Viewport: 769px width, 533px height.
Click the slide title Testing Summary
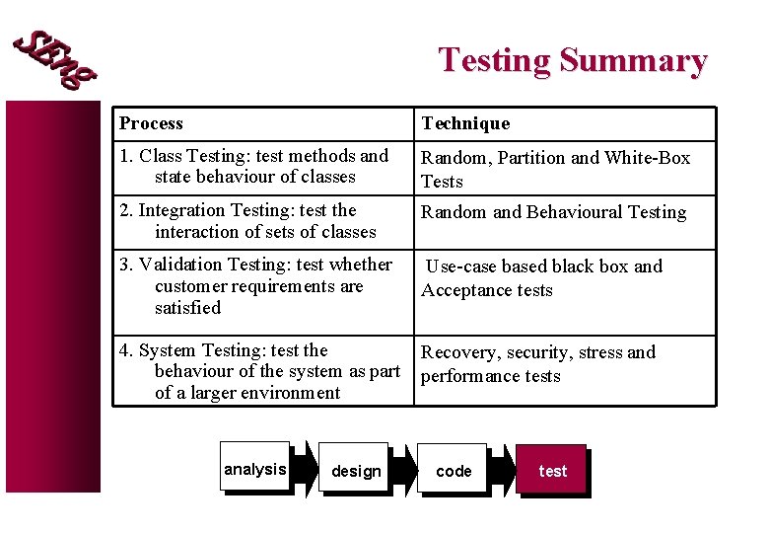coord(573,61)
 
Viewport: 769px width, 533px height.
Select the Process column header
coord(152,123)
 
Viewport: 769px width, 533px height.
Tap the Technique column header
coord(465,123)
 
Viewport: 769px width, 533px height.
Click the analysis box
coord(255,469)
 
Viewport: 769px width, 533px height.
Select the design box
coord(356,471)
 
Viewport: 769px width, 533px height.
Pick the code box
coord(454,471)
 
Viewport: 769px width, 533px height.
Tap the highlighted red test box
coord(553,471)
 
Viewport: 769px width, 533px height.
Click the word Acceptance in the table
coord(462,290)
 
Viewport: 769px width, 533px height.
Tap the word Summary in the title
coord(633,61)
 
